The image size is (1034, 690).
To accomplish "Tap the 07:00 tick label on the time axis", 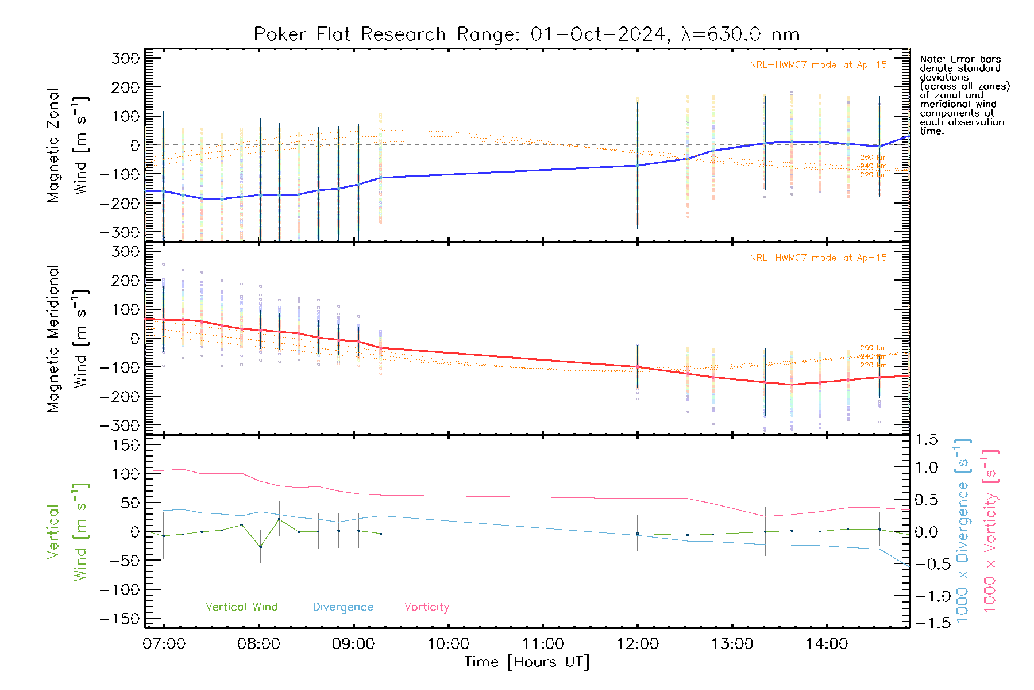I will (164, 643).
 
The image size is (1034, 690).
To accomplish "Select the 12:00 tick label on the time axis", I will (638, 643).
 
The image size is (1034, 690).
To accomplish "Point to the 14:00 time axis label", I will (827, 643).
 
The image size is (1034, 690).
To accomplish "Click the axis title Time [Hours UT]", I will (527, 662).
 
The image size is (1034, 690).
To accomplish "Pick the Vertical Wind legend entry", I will (241, 607).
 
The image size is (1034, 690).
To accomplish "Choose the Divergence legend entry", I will (343, 607).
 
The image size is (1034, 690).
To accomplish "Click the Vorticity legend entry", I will (426, 607).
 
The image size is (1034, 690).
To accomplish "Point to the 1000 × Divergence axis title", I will (962, 531).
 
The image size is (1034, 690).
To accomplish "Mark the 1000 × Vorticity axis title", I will (990, 531).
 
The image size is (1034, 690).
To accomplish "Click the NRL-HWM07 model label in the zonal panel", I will (818, 64).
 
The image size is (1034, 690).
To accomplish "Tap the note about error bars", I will (964, 95).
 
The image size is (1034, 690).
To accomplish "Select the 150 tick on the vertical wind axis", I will (126, 445).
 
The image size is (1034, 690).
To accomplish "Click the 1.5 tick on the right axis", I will (926, 440).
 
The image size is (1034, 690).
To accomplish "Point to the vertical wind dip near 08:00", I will (260, 546).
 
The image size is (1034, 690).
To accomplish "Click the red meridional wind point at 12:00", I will (638, 366).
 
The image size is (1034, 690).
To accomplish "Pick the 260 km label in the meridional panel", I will (873, 348).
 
